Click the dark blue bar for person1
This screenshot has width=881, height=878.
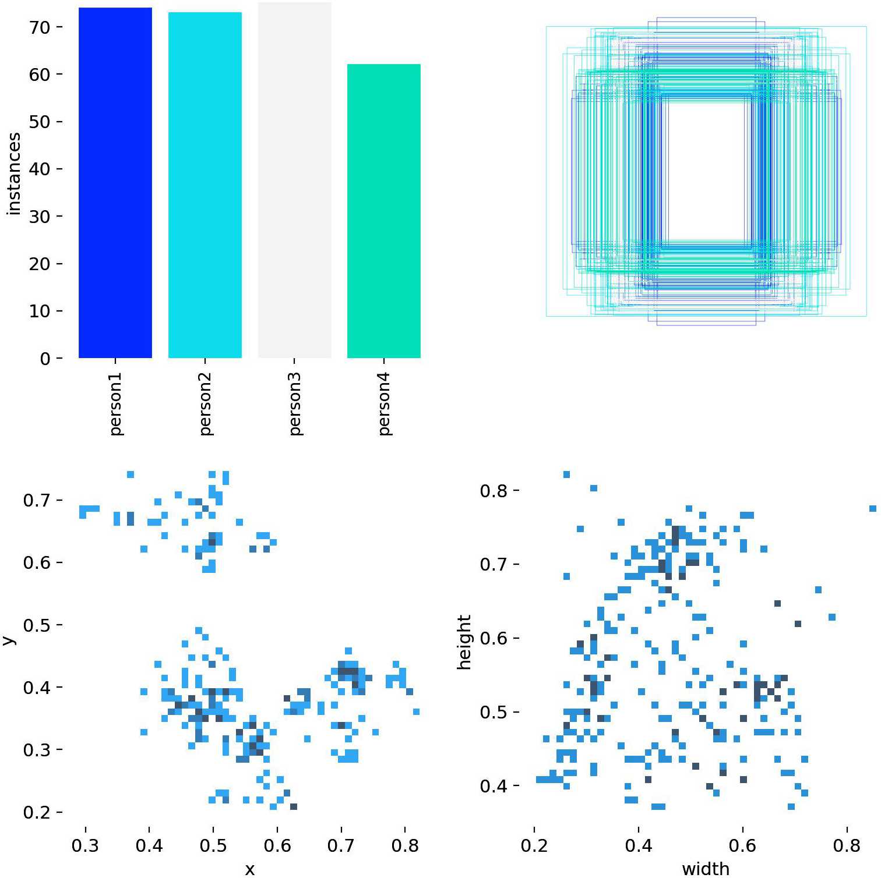click(115, 183)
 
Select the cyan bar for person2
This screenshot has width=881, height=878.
click(205, 185)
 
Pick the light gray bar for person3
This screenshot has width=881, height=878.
click(295, 180)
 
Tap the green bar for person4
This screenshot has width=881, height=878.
click(384, 211)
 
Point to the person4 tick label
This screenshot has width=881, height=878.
click(384, 403)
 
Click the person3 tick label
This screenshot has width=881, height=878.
click(295, 403)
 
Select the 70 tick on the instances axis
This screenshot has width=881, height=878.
click(40, 27)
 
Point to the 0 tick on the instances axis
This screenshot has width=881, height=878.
click(45, 359)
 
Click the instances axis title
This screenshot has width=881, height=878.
click(14, 174)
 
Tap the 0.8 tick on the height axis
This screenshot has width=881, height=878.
click(494, 491)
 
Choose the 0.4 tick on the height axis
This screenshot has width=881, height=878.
click(494, 787)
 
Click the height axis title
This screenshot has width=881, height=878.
click(464, 642)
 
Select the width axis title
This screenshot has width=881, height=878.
click(706, 869)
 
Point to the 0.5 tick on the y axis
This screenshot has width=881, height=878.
click(38, 625)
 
